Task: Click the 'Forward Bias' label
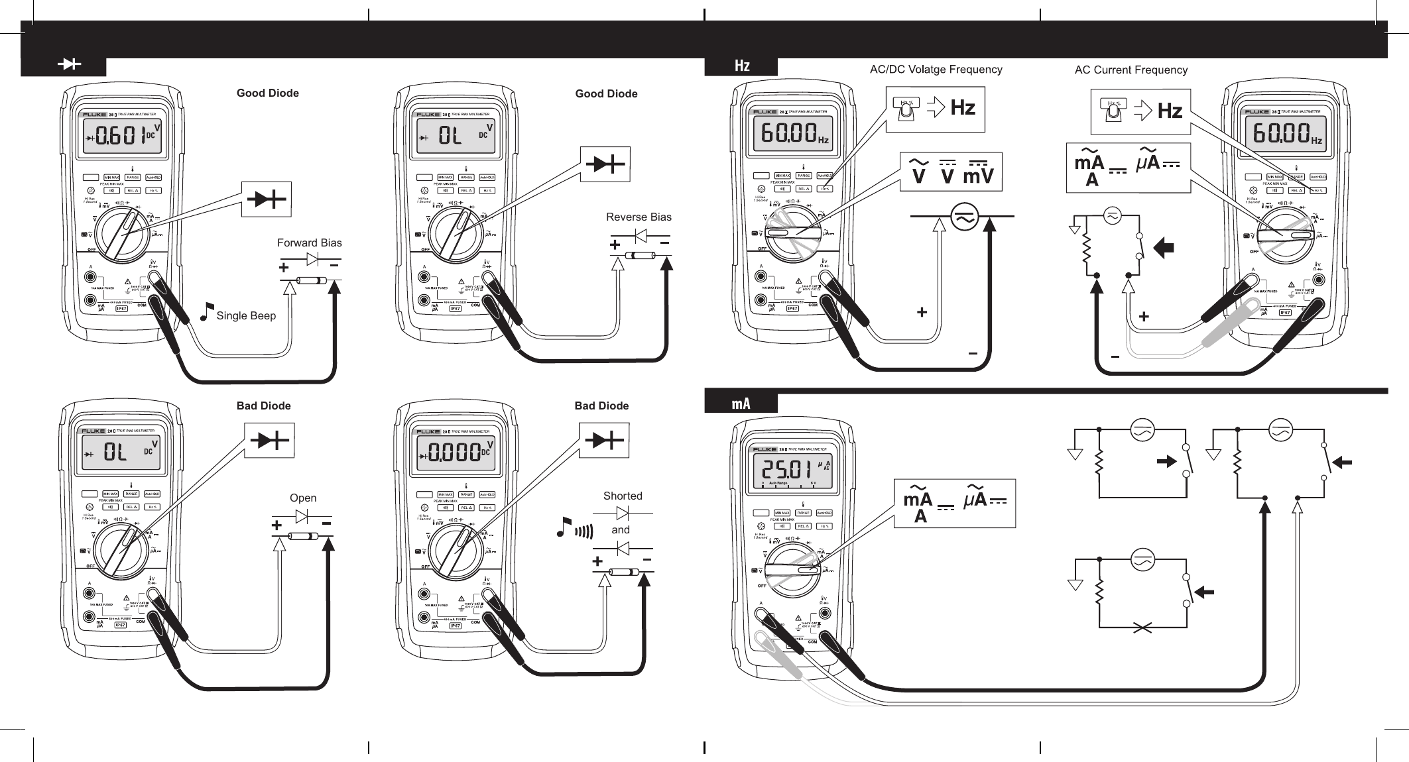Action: point(309,243)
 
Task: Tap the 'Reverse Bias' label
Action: point(639,217)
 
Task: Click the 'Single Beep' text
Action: point(246,315)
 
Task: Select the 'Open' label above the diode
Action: point(303,498)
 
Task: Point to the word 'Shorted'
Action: point(623,496)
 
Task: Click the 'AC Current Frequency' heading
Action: point(1131,70)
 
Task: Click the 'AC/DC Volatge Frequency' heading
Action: point(936,69)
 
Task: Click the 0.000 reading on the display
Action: point(455,453)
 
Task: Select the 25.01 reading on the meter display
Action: point(786,469)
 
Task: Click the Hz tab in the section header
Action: point(742,66)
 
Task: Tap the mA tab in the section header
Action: point(741,403)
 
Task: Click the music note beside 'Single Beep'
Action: point(207,311)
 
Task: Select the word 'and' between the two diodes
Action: point(621,529)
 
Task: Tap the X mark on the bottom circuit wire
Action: point(1142,627)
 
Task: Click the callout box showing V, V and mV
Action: point(950,172)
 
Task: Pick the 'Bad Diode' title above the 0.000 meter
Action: point(601,406)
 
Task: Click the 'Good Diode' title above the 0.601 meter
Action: point(267,93)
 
